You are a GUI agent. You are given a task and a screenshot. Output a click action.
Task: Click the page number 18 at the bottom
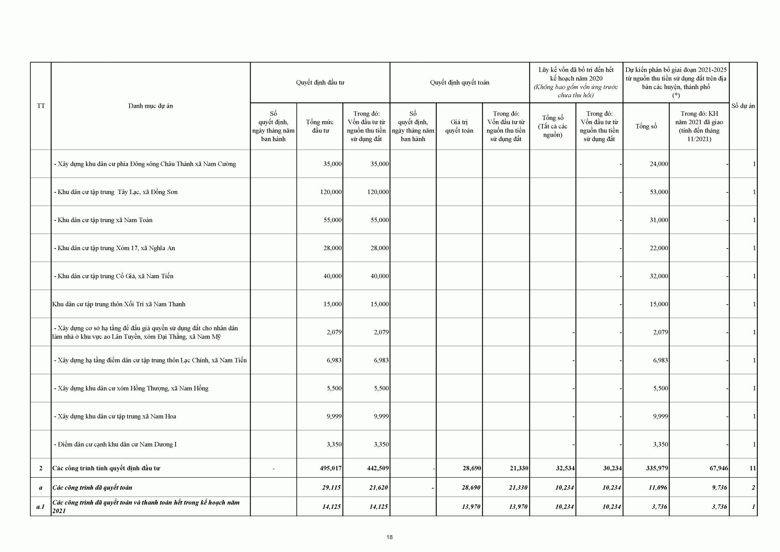click(390, 537)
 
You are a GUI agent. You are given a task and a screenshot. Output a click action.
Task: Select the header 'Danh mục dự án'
click(150, 106)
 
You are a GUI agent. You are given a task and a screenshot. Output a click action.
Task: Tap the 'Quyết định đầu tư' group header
click(320, 83)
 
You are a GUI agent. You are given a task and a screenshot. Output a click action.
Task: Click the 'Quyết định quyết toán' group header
click(459, 83)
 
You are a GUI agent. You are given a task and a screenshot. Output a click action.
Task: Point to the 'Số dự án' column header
click(743, 106)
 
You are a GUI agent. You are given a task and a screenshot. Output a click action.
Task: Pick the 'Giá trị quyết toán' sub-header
click(459, 126)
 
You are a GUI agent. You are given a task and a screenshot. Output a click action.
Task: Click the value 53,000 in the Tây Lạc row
click(659, 192)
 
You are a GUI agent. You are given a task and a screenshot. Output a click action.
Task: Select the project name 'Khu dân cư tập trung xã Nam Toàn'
click(105, 220)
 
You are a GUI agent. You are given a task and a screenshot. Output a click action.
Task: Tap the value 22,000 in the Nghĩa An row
click(659, 248)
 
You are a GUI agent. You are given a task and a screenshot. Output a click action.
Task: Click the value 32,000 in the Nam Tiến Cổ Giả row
click(659, 276)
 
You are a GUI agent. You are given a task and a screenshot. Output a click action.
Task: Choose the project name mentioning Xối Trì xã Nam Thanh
click(119, 304)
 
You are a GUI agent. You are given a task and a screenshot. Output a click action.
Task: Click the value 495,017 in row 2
click(330, 468)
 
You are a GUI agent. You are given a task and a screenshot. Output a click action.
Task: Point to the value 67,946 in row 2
click(718, 468)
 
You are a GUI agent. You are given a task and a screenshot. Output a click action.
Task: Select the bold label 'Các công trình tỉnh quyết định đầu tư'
click(106, 468)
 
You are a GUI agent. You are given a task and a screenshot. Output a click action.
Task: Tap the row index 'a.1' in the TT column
click(41, 507)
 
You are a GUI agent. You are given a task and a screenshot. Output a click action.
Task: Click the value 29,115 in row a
click(331, 487)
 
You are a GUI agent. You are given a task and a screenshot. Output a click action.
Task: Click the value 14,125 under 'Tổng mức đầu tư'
click(331, 507)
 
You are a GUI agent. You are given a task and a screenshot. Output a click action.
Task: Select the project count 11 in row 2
click(752, 468)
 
